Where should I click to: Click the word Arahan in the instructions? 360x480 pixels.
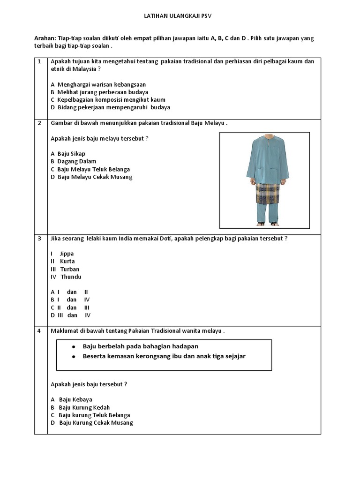pos(45,38)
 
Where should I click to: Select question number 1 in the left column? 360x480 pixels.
pos(40,61)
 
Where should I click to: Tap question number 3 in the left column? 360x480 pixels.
pos(40,238)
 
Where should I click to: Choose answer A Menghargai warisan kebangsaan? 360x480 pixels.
pos(98,85)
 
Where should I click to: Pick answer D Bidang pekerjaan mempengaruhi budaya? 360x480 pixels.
pos(110,107)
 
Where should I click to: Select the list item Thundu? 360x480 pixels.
pos(70,277)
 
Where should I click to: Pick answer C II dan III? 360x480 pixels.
pos(70,307)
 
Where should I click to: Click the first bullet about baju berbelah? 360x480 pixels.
pos(140,346)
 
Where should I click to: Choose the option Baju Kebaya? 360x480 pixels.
pos(75,400)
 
